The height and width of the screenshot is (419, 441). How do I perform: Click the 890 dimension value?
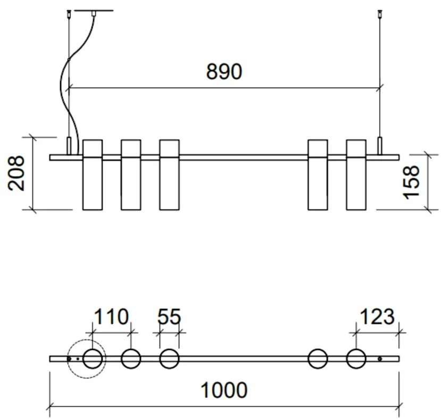tap(224, 72)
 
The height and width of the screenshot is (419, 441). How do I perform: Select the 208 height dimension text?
tap(17, 173)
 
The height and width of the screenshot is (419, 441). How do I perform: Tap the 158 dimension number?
tap(412, 182)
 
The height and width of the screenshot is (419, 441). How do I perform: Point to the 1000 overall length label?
tap(223, 390)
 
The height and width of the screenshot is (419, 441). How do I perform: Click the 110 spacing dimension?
tap(111, 317)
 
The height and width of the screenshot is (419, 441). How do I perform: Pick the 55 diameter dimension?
tap(169, 317)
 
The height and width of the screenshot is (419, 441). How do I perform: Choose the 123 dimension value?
tap(377, 317)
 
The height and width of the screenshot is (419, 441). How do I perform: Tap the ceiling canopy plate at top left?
tap(93, 11)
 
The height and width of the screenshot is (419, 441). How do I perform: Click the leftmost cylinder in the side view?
tap(92, 175)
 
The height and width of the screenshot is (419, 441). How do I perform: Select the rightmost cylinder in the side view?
tap(356, 175)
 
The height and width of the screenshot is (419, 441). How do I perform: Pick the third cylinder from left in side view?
tap(169, 175)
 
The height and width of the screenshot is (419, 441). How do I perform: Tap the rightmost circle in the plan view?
tap(356, 359)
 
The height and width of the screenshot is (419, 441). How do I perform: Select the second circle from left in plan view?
tap(131, 359)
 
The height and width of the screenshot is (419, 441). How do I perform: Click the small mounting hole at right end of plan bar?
tap(379, 359)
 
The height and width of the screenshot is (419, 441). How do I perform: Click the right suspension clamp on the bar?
tap(379, 145)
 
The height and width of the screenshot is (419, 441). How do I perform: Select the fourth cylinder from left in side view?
tap(318, 175)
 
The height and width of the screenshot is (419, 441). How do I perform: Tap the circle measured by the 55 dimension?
tap(169, 359)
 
